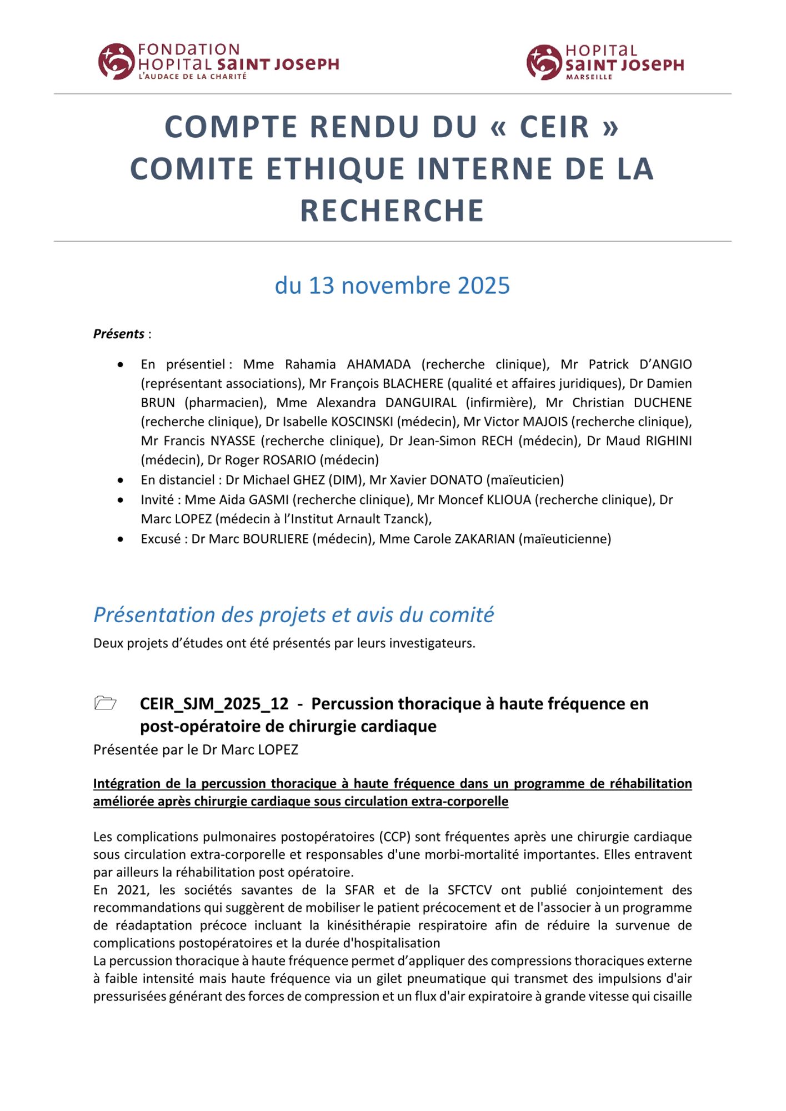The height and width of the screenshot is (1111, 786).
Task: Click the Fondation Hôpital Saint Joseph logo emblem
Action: click(116, 62)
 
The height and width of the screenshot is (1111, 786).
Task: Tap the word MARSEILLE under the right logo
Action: click(589, 77)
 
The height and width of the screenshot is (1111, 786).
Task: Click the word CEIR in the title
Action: click(554, 127)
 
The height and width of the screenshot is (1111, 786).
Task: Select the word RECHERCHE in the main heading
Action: click(392, 211)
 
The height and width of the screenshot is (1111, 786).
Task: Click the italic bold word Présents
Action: click(118, 334)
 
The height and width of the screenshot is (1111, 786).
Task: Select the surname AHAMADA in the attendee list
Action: click(379, 364)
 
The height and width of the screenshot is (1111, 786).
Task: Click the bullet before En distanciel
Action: click(121, 480)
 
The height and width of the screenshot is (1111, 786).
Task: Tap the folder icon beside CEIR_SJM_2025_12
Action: click(105, 703)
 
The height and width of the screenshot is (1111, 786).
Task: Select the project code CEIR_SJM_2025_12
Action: click(214, 704)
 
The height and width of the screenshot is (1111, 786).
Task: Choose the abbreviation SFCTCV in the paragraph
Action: click(469, 890)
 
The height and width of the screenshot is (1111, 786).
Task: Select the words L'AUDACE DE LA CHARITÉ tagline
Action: click(192, 76)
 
